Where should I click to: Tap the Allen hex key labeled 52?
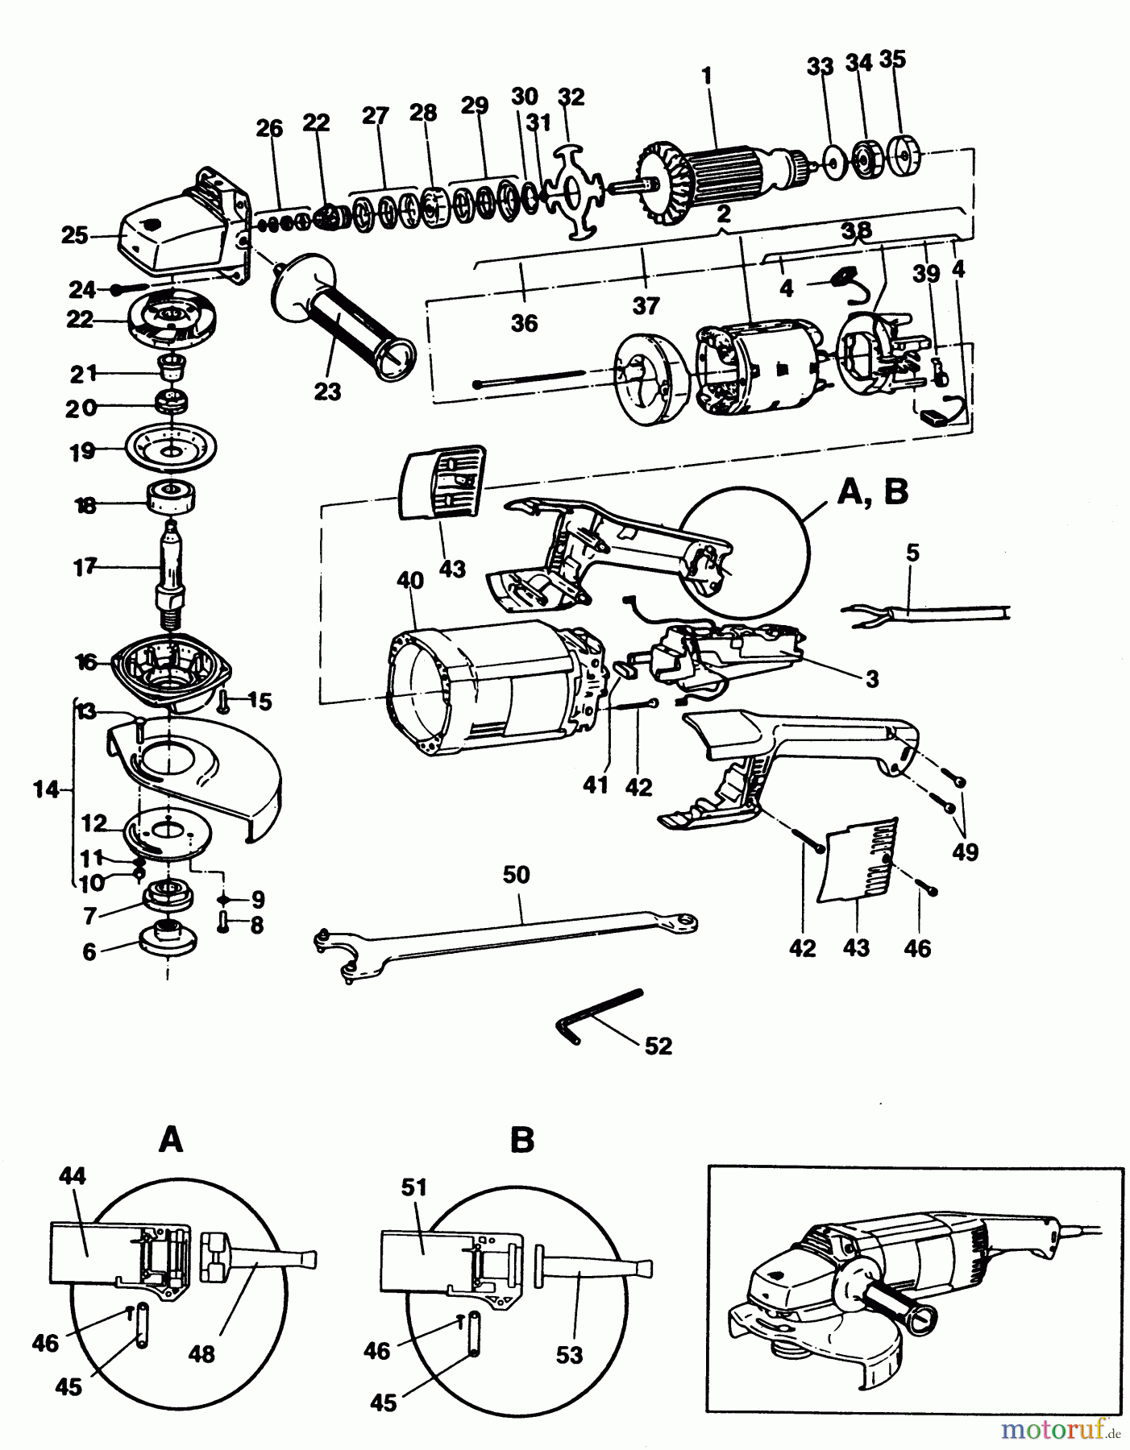(598, 1016)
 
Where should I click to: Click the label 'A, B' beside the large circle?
(873, 492)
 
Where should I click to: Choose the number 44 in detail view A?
(72, 1177)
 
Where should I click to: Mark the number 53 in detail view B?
(569, 1354)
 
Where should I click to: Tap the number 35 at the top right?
(893, 60)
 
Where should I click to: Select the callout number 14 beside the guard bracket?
(47, 790)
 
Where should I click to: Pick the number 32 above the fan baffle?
(571, 97)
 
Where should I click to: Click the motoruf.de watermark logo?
(1061, 1431)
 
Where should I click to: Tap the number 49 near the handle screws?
(965, 851)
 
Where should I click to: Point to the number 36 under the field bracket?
(524, 323)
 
